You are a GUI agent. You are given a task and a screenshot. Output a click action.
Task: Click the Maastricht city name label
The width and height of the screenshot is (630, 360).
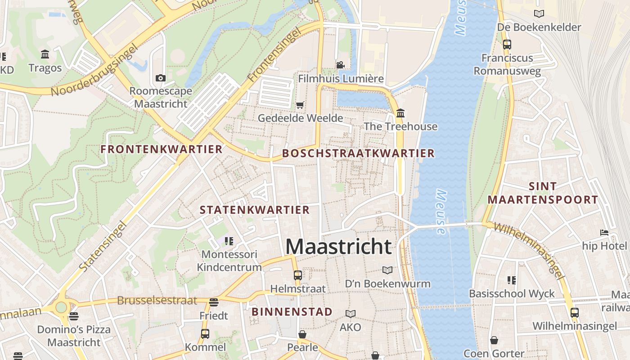(338, 247)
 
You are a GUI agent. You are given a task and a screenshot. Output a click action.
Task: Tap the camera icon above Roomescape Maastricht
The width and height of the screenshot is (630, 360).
(160, 78)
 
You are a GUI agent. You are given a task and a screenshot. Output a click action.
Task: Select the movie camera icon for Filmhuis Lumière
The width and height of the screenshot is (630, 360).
(341, 65)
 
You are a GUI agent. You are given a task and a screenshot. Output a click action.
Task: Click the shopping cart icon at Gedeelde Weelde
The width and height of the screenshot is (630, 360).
(300, 105)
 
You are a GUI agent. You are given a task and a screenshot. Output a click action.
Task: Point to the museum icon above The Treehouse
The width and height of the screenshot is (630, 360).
(400, 112)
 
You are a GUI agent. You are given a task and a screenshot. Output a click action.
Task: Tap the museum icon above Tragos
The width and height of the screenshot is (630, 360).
(45, 54)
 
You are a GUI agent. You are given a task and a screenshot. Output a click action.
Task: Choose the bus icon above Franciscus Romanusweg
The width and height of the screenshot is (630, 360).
(507, 45)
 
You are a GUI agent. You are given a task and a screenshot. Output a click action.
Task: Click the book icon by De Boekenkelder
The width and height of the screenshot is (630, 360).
(539, 14)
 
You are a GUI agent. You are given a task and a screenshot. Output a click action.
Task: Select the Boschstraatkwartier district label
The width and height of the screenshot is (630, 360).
(358, 153)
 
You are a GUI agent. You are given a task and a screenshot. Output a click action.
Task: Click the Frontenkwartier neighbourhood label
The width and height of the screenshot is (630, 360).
(162, 149)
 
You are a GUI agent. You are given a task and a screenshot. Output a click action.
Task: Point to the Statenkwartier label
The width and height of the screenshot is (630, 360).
(255, 210)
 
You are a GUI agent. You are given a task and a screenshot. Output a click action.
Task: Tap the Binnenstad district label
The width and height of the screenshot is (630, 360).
(292, 311)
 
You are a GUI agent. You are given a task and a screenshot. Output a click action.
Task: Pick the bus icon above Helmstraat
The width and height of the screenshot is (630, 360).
(297, 275)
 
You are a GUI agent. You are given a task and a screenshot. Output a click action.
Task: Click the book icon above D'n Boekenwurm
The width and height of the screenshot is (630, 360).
(387, 270)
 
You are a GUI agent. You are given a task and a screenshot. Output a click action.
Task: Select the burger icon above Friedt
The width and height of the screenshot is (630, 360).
(214, 302)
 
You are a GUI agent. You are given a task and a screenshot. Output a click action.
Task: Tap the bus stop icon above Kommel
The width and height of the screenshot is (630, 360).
(205, 333)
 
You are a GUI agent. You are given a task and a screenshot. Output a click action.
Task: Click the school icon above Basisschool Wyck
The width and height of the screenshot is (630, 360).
(511, 280)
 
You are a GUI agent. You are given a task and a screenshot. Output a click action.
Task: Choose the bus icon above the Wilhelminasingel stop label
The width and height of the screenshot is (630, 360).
(575, 312)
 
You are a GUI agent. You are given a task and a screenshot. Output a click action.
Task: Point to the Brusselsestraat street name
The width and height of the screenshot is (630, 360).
(157, 300)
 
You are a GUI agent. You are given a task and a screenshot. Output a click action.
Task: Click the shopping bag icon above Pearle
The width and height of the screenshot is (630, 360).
(302, 334)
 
